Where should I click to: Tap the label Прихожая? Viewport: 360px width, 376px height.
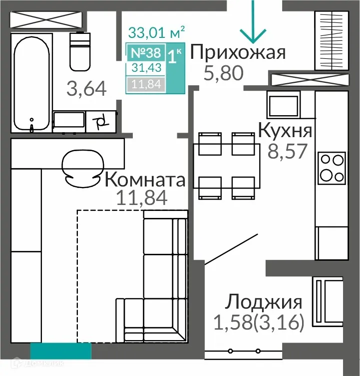[238, 52]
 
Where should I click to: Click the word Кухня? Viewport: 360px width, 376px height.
[285, 131]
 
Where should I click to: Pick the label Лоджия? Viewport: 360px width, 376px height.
[264, 302]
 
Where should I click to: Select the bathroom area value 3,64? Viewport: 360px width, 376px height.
[86, 89]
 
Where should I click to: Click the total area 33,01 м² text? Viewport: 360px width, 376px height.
[157, 33]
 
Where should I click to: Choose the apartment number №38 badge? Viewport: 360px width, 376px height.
[145, 52]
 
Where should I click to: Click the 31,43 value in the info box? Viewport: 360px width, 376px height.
[146, 68]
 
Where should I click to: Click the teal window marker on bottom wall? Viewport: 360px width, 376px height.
[61, 351]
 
